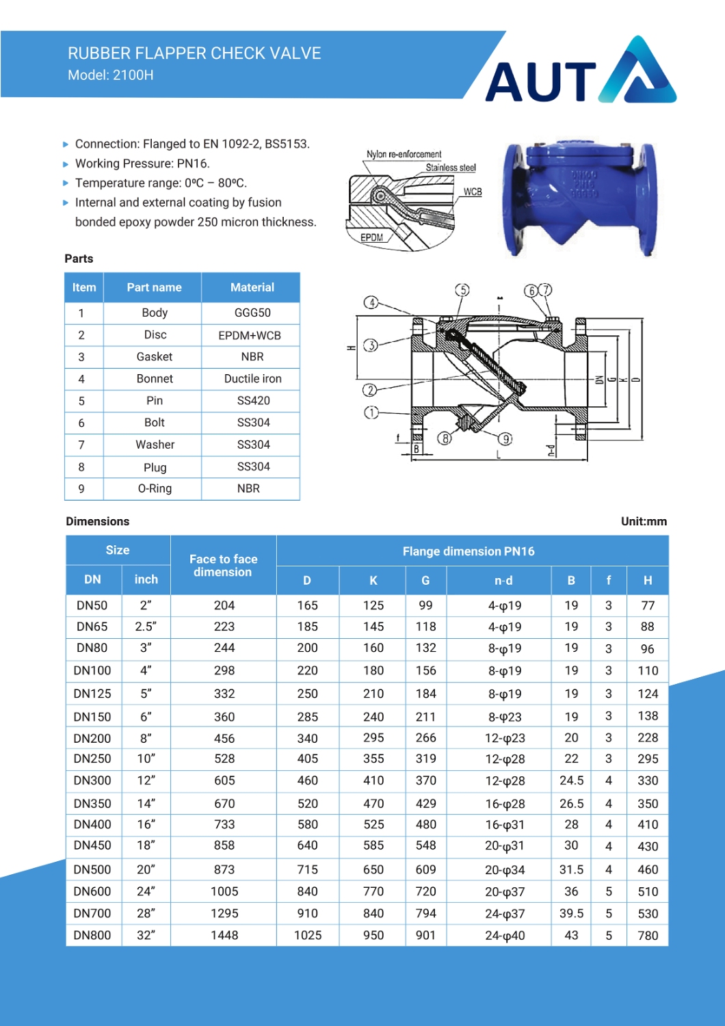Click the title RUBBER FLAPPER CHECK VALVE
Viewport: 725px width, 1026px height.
coord(194,53)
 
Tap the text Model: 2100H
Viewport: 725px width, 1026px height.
coord(111,75)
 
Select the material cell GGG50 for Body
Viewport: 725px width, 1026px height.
coord(252,313)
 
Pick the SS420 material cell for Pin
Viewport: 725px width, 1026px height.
coord(253,401)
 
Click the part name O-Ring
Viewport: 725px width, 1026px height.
coord(155,488)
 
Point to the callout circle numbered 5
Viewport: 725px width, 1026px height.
coord(463,290)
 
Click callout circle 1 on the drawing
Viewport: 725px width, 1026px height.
coord(371,412)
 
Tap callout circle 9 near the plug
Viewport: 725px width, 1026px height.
coord(505,439)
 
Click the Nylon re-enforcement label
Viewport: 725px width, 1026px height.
coord(404,155)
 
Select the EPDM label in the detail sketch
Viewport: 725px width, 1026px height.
coord(371,237)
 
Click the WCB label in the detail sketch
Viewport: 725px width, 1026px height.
coord(473,192)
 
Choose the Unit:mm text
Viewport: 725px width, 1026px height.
coord(644,521)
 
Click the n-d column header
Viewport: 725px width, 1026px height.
coord(503,581)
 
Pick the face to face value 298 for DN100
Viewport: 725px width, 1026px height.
coord(224,671)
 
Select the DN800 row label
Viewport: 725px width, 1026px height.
coord(92,935)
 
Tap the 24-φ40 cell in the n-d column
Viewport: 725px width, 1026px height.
coord(505,936)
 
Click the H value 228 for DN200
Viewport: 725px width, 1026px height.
coord(648,738)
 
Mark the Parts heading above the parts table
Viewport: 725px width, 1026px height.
coord(79,259)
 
